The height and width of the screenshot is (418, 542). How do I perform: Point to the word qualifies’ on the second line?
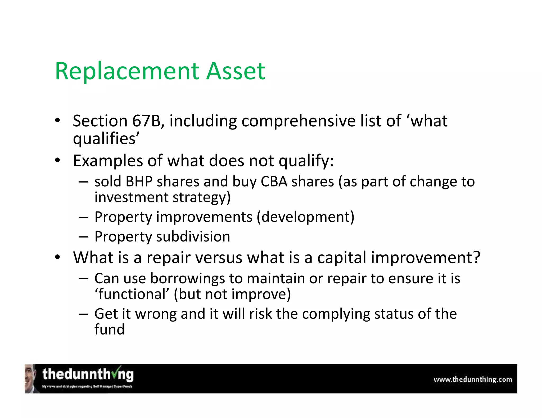pos(106,139)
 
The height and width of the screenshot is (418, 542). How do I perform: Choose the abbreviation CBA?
pos(274,182)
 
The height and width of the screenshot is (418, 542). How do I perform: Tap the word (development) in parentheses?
pos(305,217)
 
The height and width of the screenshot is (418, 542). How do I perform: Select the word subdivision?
pos(193,236)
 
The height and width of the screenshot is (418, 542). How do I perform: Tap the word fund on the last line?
pos(109,329)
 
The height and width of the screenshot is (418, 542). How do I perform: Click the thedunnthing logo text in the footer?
pos(88,375)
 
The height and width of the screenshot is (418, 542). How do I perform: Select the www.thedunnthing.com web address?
pos(472,380)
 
